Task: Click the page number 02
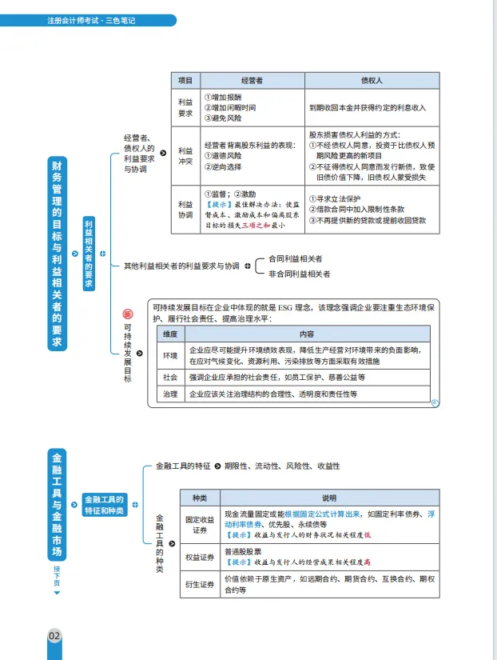[55, 636]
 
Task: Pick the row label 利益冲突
[185, 155]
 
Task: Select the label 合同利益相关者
[296, 259]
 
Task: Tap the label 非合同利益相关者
[300, 274]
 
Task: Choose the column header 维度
[170, 334]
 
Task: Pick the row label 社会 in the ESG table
[170, 376]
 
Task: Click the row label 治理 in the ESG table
[170, 394]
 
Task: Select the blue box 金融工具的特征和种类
[104, 505]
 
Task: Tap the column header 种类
[199, 498]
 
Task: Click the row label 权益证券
[199, 557]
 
